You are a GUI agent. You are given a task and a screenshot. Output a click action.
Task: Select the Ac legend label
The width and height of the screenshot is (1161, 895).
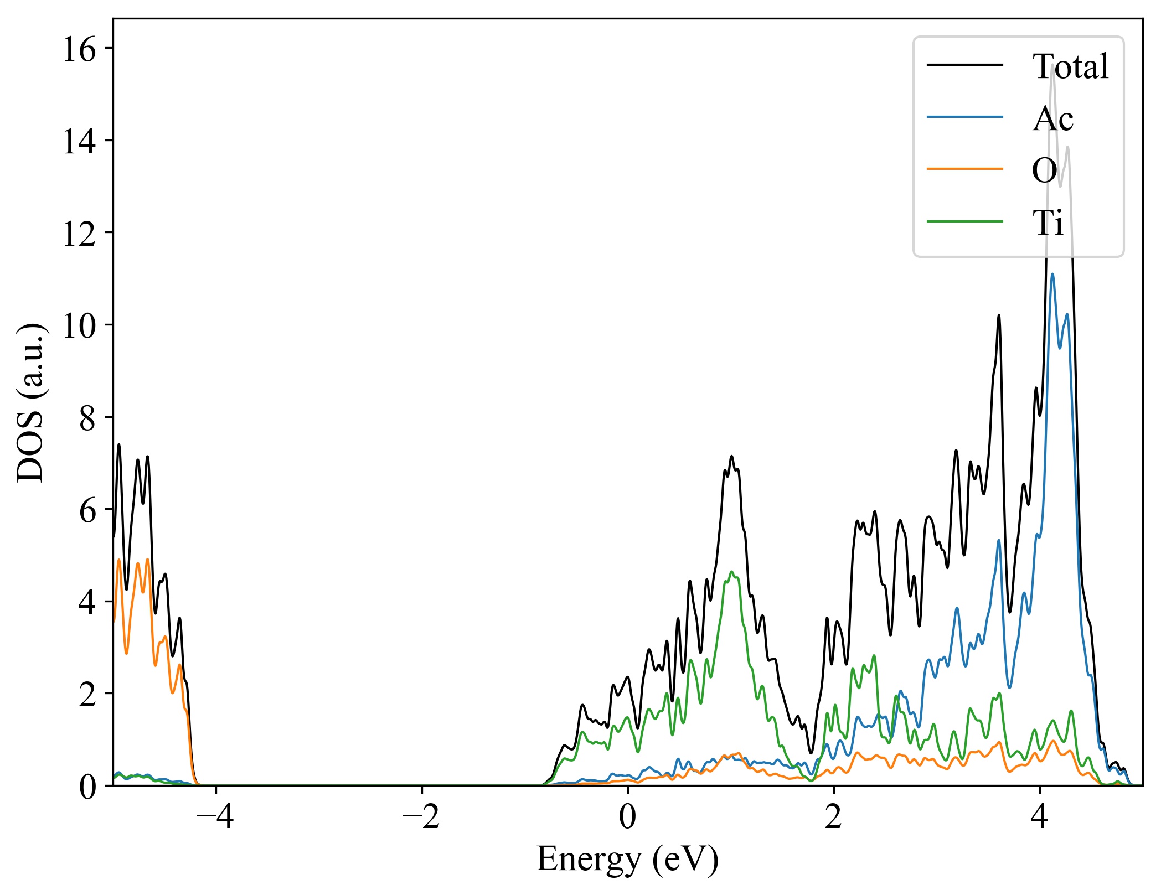(x=1052, y=118)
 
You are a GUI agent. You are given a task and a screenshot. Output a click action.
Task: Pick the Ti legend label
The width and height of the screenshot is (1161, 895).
(x=1048, y=223)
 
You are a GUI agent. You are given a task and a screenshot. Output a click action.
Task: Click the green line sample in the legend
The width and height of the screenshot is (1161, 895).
(x=965, y=222)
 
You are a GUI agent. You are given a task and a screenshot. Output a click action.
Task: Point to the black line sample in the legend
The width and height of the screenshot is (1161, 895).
(x=965, y=65)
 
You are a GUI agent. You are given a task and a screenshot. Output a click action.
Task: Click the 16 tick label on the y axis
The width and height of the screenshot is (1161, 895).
(x=79, y=50)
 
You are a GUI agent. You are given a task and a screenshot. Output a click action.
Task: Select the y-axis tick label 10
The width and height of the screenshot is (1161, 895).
(x=79, y=326)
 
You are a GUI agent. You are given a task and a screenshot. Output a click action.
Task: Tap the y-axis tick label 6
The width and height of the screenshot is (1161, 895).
(x=87, y=510)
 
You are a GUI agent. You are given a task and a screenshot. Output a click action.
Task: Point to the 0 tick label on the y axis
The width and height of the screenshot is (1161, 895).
(x=87, y=787)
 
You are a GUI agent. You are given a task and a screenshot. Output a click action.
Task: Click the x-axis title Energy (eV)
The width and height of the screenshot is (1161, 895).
(x=627, y=860)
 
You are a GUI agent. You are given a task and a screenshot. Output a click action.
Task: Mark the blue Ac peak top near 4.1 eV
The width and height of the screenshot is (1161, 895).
(x=1052, y=274)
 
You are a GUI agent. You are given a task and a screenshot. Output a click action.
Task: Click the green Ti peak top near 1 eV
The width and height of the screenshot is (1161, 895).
(x=731, y=572)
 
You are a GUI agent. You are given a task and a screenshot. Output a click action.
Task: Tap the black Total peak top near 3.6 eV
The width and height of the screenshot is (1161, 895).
(x=999, y=315)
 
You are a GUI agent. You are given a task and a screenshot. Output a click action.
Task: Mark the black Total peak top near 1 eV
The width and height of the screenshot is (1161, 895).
(x=731, y=456)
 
